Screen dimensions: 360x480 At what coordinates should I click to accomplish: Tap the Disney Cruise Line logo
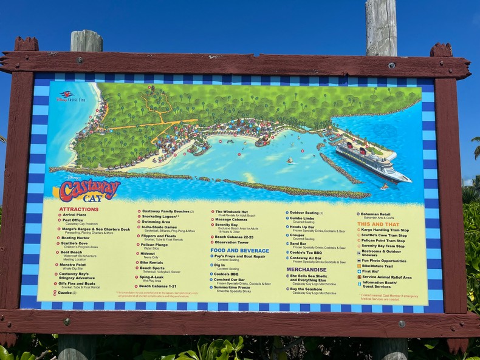(71, 97)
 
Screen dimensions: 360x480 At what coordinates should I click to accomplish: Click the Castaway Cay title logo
(89, 189)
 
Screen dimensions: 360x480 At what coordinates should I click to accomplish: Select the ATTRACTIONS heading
(78, 209)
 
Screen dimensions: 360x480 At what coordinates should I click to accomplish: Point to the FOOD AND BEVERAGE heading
(239, 250)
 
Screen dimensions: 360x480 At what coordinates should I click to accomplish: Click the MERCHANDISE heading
(306, 269)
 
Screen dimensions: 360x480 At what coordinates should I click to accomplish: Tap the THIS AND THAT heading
(378, 224)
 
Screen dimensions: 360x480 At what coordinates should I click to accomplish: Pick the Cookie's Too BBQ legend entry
(306, 252)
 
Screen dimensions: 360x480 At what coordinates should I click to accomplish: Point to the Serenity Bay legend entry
(229, 225)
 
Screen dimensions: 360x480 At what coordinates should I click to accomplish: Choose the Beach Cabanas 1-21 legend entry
(157, 286)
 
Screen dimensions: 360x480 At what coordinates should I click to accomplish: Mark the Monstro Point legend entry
(73, 265)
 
